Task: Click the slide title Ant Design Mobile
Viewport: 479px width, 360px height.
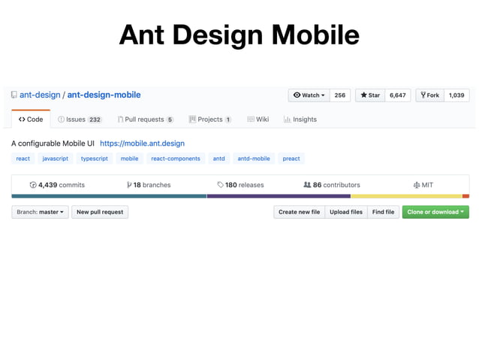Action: pyautogui.click(x=239, y=35)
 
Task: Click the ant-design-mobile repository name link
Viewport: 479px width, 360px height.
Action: pyautogui.click(x=104, y=95)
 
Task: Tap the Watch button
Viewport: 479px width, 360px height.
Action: pyautogui.click(x=309, y=95)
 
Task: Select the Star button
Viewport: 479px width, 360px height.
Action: pyautogui.click(x=370, y=95)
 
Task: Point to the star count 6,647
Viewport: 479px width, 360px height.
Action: pyautogui.click(x=397, y=95)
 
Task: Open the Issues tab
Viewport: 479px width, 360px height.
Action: pyautogui.click(x=80, y=119)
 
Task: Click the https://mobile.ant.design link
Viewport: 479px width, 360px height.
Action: pyautogui.click(x=142, y=143)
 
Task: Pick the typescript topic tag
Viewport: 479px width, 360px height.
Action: pyautogui.click(x=95, y=159)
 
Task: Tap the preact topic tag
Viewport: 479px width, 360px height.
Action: pyautogui.click(x=291, y=159)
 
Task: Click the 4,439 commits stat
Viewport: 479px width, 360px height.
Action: pyautogui.click(x=57, y=184)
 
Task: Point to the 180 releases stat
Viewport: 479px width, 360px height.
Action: pyautogui.click(x=240, y=184)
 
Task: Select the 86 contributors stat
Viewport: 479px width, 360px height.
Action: pyautogui.click(x=331, y=184)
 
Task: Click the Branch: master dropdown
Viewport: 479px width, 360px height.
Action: pyautogui.click(x=41, y=212)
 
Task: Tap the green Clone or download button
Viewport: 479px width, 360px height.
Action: pyautogui.click(x=435, y=212)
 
